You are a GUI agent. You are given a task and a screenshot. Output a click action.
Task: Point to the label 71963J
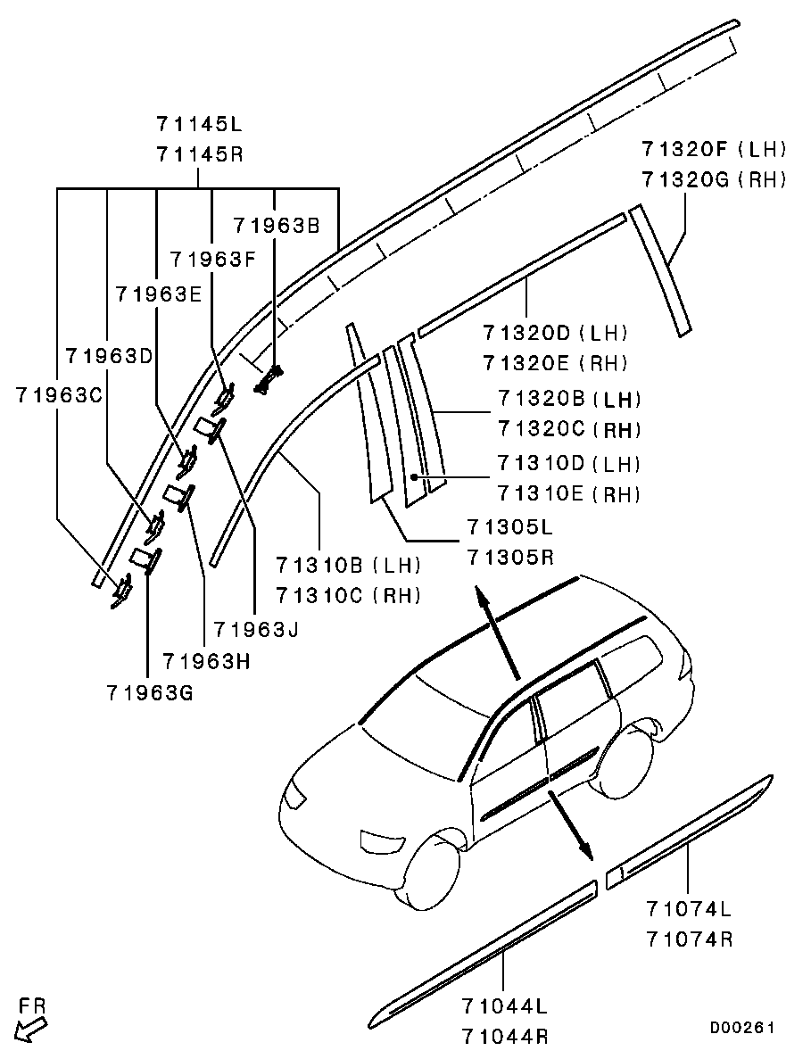[x=255, y=628]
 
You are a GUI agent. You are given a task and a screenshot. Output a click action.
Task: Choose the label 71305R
[x=509, y=558]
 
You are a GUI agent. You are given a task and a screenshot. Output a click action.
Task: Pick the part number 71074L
[x=689, y=909]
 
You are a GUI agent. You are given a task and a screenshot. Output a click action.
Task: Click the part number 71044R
[x=505, y=1037]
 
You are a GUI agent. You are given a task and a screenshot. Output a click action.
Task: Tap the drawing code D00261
[x=741, y=1028]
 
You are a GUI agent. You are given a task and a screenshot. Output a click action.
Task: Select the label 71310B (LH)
[x=348, y=565]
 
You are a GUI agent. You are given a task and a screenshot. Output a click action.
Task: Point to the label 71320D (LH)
[x=555, y=334]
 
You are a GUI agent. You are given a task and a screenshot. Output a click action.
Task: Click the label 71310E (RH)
[x=568, y=493]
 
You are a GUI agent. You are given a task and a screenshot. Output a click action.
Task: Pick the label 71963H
[x=205, y=661]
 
